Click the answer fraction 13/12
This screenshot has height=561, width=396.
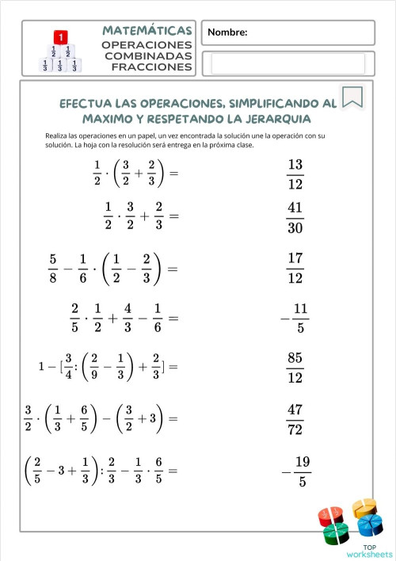pos(295,174)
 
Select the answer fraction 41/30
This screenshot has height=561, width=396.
pos(295,218)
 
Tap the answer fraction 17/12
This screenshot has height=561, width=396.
pos(295,268)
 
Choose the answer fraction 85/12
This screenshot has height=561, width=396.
pos(295,368)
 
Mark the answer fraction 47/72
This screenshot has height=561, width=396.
pos(295,419)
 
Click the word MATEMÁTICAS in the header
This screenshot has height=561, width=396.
pos(147,30)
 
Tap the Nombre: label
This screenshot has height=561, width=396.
pos(228,32)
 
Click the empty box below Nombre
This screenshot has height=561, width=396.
pos(288,63)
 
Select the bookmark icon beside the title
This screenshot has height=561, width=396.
pos(352,97)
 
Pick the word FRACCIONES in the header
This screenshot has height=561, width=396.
pos(153,67)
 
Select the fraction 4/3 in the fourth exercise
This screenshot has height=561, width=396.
pos(128,318)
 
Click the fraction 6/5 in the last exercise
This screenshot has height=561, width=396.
pos(158,470)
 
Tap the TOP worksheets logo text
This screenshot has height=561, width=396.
pos(369,551)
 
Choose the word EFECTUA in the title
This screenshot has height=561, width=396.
pos(89,103)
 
